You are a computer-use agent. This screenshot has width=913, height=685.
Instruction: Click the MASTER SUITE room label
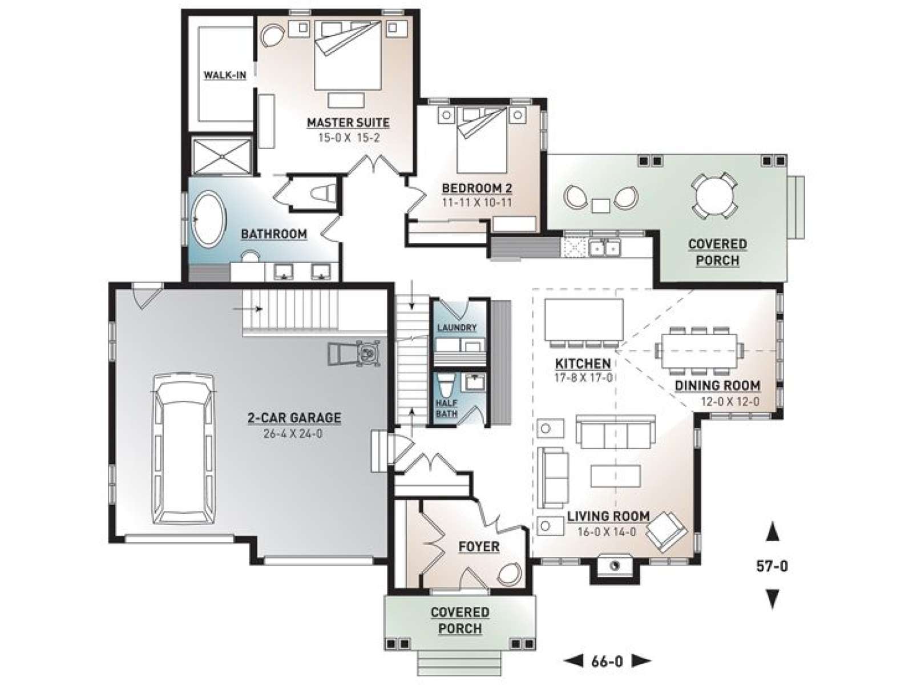(x=348, y=123)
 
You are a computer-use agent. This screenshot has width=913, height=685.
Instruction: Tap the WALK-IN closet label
(x=225, y=75)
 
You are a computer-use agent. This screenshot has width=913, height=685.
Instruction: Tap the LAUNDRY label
(x=457, y=328)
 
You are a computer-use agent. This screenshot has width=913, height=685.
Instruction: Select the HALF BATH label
(x=446, y=408)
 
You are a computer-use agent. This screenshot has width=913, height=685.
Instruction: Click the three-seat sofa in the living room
(x=615, y=432)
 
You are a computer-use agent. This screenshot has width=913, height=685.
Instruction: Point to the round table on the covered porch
(x=714, y=195)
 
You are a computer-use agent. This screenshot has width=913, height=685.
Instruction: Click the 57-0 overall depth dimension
(x=771, y=566)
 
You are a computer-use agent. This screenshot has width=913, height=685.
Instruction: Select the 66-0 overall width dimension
(x=607, y=661)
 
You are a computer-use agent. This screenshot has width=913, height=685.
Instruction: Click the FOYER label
(x=478, y=546)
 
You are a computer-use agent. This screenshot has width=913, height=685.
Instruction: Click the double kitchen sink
(x=605, y=248)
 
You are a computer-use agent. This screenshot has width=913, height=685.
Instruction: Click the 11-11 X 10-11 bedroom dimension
(x=476, y=203)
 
